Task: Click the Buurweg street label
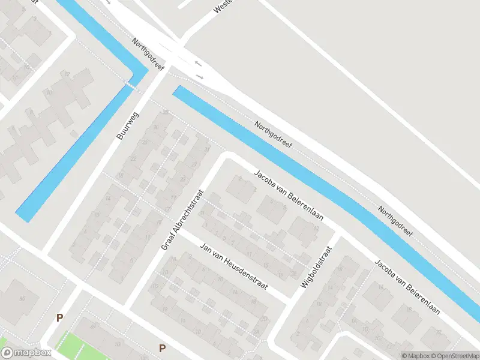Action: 128,125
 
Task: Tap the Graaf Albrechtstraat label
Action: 183,220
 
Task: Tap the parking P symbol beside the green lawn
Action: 59,317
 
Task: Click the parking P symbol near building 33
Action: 162,348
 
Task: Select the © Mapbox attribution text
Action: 415,355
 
